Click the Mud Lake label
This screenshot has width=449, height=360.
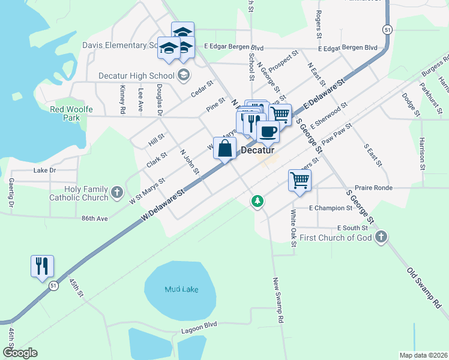(x=181, y=290)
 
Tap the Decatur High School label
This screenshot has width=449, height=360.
(x=136, y=76)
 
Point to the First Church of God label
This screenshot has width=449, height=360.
(x=336, y=238)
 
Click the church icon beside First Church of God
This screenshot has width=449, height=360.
(x=380, y=238)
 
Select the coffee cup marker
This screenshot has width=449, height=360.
(x=268, y=131)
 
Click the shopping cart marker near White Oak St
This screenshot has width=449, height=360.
(x=300, y=179)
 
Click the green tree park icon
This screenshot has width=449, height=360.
(x=258, y=200)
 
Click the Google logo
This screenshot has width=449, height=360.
(x=20, y=353)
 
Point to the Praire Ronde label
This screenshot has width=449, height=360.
(x=373, y=188)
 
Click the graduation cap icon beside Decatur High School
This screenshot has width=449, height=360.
(x=184, y=76)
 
